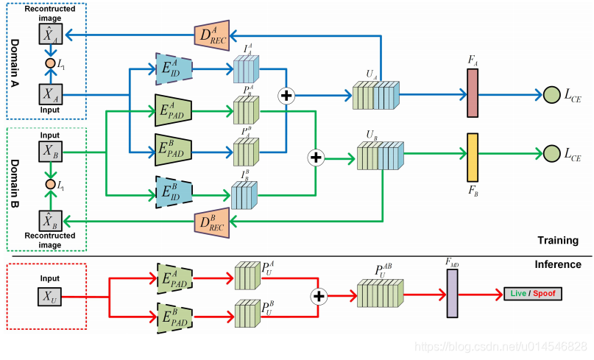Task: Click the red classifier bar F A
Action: coord(473,93)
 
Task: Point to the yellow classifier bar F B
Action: coord(473,156)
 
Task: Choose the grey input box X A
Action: coord(49,94)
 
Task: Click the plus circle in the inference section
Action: coord(319,295)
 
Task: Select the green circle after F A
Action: coord(551,94)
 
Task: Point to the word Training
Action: coord(556,240)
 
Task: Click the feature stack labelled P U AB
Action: coord(380,293)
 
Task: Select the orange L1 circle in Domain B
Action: coord(50,183)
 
